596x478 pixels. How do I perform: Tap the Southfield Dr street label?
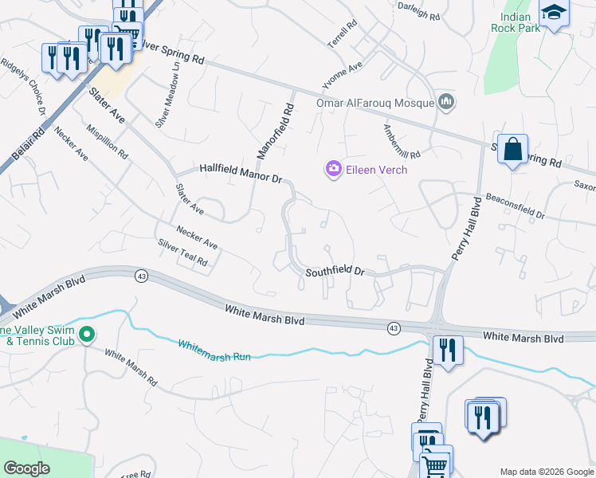tap(335, 272)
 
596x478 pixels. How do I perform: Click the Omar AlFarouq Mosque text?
tap(374, 102)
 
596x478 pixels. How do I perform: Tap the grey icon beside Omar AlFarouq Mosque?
tap(446, 101)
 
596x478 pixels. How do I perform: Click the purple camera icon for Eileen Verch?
tap(333, 168)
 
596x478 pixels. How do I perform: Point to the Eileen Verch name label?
tap(377, 170)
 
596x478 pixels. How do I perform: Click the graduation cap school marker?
tap(553, 13)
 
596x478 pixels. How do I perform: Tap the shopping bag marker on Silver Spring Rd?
tap(513, 148)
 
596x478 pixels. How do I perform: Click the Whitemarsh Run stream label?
tap(214, 351)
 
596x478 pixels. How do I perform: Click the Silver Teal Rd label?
tap(182, 253)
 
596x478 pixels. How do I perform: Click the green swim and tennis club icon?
tap(88, 335)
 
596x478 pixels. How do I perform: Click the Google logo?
tap(26, 468)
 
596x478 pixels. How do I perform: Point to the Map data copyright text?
tap(546, 472)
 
